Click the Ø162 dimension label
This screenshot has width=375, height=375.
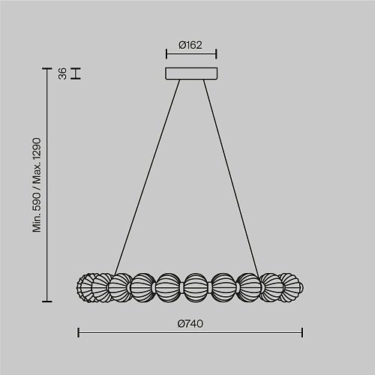pyautogui.click(x=190, y=45)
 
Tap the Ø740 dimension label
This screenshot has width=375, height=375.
pyautogui.click(x=190, y=324)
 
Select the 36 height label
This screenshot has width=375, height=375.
pyautogui.click(x=62, y=73)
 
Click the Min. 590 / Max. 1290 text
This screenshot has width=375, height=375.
pyautogui.click(x=37, y=184)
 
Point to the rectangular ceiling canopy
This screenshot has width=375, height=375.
pyautogui.click(x=191, y=73)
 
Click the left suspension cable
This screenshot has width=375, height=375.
pyautogui.click(x=147, y=177)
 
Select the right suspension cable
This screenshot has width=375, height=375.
pyautogui.click(x=231, y=178)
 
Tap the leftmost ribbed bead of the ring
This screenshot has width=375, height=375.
pyautogui.click(x=84, y=288)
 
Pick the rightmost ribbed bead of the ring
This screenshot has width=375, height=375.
pyautogui.click(x=291, y=287)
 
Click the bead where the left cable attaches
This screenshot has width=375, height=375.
pyautogui.click(x=120, y=287)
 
